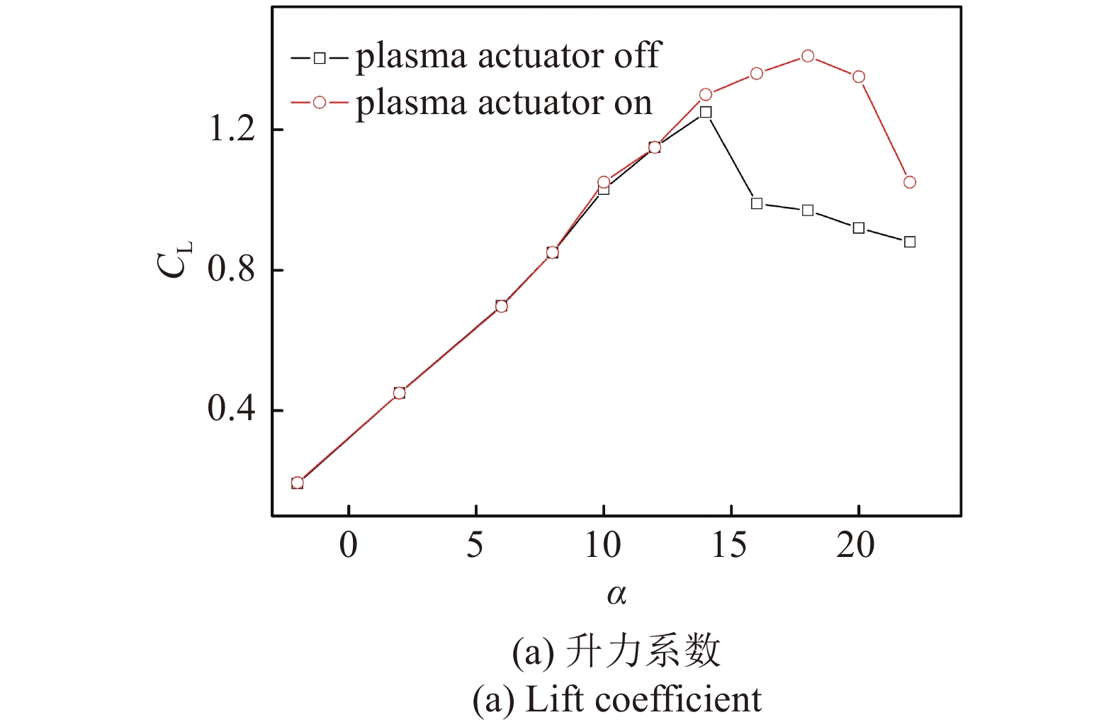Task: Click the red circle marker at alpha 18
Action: pos(808,56)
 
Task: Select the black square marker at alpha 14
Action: pos(706,112)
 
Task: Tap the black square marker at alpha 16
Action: pos(757,203)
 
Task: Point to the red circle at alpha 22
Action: pos(910,182)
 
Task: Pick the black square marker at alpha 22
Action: pos(910,242)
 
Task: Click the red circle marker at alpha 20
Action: pos(859,77)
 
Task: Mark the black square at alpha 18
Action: pos(808,210)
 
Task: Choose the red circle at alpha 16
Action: pos(757,73)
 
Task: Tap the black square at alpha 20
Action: pos(859,227)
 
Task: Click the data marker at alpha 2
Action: pos(399,393)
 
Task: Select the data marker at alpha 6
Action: pos(502,306)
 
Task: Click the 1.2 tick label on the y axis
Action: pos(231,130)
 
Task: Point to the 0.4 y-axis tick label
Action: pos(231,410)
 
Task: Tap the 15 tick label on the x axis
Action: pos(730,546)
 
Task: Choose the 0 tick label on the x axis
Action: pos(349,546)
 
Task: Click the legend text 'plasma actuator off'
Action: pos(507,56)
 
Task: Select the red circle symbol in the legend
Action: pos(320,103)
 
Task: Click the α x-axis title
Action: pos(616,594)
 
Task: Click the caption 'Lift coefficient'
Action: pos(643,700)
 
